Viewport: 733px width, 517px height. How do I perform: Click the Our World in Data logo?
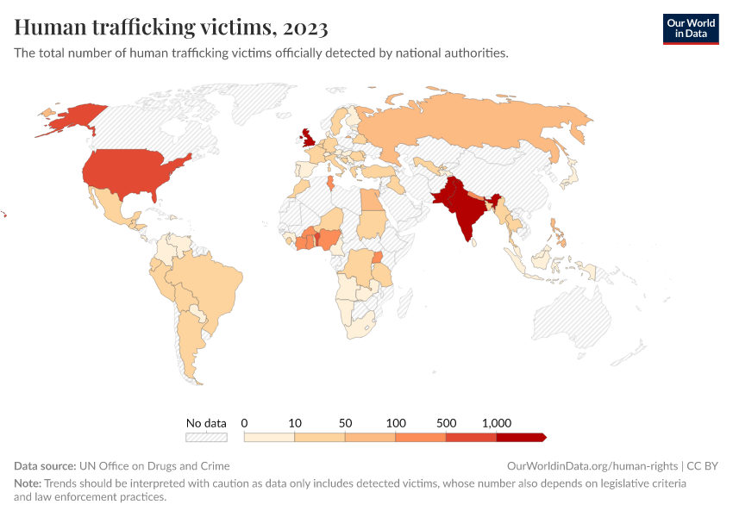coord(690,28)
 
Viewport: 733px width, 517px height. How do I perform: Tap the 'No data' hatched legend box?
coord(206,438)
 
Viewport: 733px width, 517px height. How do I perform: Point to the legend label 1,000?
coord(497,423)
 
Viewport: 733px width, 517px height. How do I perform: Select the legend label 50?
coord(345,423)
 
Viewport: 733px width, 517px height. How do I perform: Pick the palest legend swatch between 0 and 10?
coord(269,438)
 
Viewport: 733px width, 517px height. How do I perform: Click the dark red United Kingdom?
coord(307,138)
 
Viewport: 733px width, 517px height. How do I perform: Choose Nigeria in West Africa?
coord(329,239)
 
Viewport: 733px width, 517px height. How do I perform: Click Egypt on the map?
coord(371,201)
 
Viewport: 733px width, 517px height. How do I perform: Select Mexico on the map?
coord(112,207)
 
